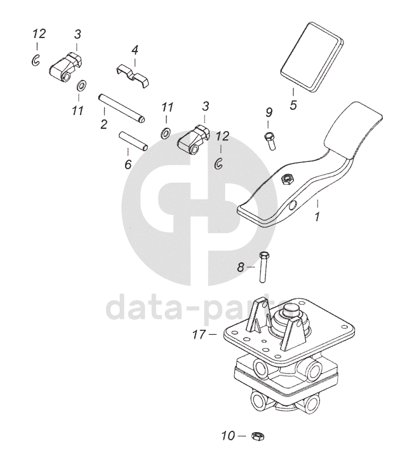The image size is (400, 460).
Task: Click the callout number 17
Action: point(199,334)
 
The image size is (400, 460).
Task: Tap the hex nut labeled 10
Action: point(258,436)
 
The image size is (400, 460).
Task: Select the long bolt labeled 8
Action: point(263,267)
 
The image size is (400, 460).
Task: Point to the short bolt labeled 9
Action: point(270,141)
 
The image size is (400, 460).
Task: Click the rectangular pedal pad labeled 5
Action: point(312,57)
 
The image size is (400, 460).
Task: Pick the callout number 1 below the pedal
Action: point(317,217)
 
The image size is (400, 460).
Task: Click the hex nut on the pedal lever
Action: point(285,179)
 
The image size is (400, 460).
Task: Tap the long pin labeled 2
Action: point(121,108)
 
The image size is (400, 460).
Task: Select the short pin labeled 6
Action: point(133,141)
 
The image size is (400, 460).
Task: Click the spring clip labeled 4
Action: point(132,76)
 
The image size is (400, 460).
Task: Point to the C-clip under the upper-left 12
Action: point(36,60)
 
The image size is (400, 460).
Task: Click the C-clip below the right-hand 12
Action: point(218,163)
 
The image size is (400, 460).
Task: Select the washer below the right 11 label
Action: point(166,133)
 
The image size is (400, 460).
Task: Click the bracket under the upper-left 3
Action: point(65,66)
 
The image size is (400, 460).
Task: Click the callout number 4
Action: point(135,50)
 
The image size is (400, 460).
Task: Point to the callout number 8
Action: point(241,267)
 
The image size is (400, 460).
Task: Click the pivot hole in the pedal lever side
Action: point(293,206)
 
